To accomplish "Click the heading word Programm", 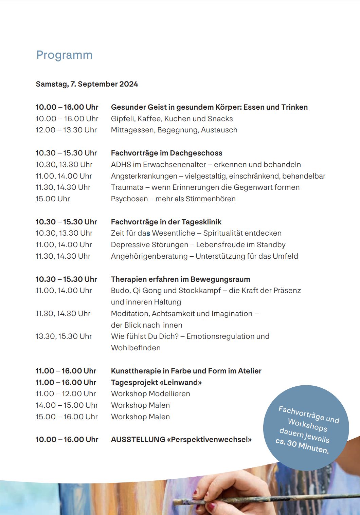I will coord(64,55).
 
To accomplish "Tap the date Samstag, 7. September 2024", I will coord(87,84).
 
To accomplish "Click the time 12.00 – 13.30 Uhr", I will coord(66,130).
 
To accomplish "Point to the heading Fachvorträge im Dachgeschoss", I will coord(166,153).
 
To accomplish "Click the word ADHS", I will coord(121,165).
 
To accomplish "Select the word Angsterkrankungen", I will coord(144,176).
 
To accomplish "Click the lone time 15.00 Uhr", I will coord(53,199).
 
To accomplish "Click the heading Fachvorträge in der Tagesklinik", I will coord(166,222).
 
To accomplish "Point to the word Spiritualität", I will coord(222,233).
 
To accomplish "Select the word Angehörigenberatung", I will coord(149,256).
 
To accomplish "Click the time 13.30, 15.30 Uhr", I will coord(64,336).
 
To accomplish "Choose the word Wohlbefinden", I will coord(136,348).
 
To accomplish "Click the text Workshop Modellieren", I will coord(150,394).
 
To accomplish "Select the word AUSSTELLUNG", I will coord(138,440).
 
